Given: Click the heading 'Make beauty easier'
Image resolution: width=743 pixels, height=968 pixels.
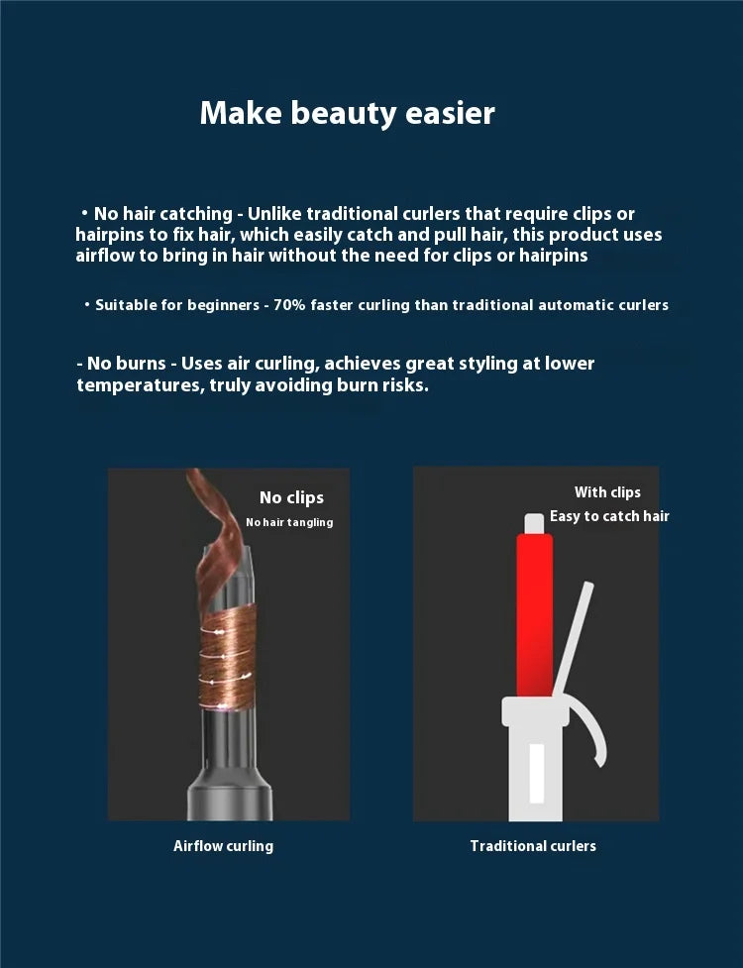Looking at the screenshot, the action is [x=347, y=114].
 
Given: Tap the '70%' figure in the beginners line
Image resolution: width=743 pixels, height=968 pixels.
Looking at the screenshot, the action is [x=289, y=305].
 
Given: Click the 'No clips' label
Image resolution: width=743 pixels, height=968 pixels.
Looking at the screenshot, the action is [x=291, y=497].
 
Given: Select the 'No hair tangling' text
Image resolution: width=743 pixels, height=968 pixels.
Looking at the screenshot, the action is [x=289, y=522].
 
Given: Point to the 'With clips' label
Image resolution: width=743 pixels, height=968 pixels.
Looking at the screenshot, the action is [x=607, y=492].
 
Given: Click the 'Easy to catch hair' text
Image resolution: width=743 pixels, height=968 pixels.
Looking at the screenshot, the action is [x=609, y=516].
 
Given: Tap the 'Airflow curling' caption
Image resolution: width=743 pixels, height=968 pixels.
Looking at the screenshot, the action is [x=223, y=846].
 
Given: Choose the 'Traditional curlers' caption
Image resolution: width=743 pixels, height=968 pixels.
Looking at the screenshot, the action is [x=533, y=846].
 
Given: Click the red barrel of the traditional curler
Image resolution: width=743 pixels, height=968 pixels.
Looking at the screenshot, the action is [x=534, y=615].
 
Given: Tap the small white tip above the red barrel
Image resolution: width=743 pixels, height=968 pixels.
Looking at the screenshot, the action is [x=534, y=523].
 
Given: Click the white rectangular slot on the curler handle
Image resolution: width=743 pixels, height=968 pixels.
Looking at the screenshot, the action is [x=537, y=773].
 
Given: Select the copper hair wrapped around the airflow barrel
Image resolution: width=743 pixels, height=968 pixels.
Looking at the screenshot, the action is [x=227, y=658].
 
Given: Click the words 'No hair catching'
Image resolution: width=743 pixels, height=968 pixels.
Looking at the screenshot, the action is [x=162, y=214].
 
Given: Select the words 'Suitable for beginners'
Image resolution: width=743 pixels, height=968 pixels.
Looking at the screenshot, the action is [x=177, y=305].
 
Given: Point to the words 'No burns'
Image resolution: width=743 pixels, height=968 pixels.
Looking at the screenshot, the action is [x=127, y=363].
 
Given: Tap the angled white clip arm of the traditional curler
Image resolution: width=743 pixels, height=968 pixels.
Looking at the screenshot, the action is [x=573, y=639].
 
